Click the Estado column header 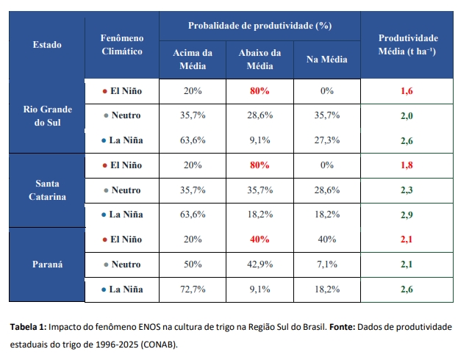(x=47, y=45)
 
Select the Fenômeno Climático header (x=121, y=45)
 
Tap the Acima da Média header (x=192, y=59)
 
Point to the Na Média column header (x=326, y=59)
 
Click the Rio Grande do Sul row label (x=47, y=115)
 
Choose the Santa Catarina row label (x=47, y=190)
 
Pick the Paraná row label (x=47, y=264)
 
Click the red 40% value (x=260, y=239)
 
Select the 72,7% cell (x=193, y=289)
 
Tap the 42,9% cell (x=260, y=264)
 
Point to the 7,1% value (x=327, y=264)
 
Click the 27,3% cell (x=327, y=140)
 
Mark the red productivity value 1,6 (x=407, y=91)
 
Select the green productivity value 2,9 (x=407, y=215)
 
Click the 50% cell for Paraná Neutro (x=193, y=264)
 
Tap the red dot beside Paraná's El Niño (x=104, y=240)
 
